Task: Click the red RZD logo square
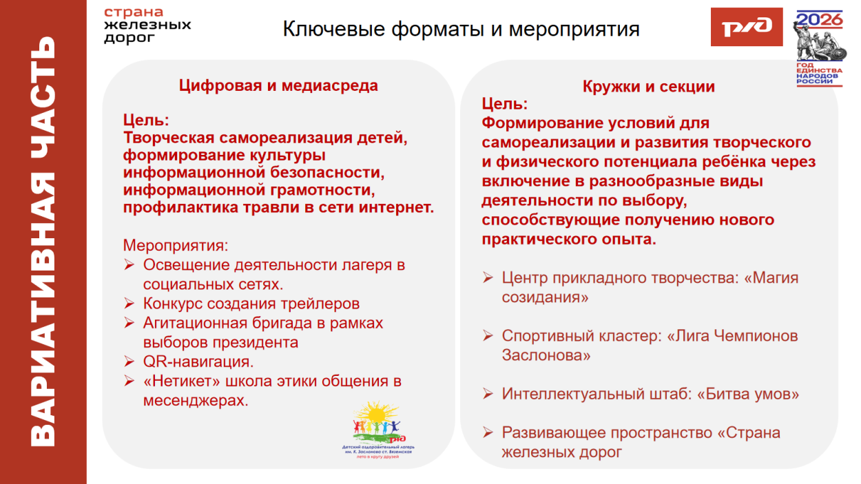tap(746, 27)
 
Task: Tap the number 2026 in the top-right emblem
tap(820, 19)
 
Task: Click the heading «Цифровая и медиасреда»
tap(278, 86)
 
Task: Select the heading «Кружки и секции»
tap(648, 87)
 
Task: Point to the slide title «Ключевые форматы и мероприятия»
tap(461, 30)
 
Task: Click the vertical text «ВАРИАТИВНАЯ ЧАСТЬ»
tap(43, 241)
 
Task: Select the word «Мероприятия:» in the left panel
tap(175, 245)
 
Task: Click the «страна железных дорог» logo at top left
tap(147, 25)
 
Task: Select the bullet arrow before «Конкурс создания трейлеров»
tap(129, 304)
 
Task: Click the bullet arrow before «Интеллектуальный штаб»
tap(488, 394)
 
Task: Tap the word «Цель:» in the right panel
tap(504, 104)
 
